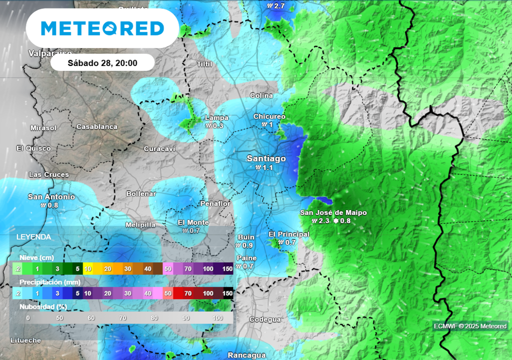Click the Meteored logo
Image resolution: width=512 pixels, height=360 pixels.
click(102, 28)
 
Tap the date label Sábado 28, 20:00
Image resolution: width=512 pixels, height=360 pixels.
click(102, 63)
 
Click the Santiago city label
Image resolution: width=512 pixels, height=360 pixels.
click(266, 158)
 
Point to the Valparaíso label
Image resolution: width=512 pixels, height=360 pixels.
click(50, 53)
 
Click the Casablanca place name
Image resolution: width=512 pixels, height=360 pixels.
click(97, 127)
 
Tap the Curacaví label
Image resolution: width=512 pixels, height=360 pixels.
click(159, 149)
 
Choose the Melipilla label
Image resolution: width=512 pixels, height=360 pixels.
click(140, 225)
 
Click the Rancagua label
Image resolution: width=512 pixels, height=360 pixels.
click(246, 355)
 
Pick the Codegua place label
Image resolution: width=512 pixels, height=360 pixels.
click(265, 319)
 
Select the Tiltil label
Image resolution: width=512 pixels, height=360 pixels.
click(204, 64)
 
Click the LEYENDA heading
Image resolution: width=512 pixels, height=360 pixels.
click(33, 236)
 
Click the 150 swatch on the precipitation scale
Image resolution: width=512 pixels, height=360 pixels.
click(227, 293)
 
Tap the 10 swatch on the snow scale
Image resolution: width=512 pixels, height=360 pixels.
click(88, 268)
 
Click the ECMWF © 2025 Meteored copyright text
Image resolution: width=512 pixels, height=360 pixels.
click(470, 326)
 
